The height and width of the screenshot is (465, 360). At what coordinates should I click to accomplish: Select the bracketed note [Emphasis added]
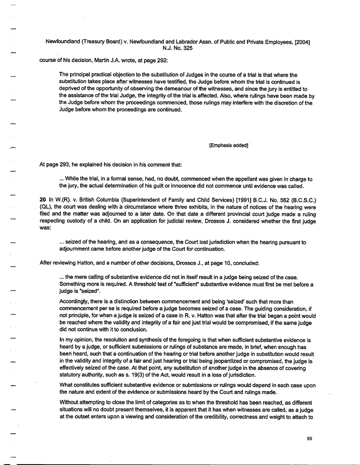[x=229, y=145]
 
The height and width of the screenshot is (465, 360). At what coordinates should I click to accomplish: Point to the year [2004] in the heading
[x=297, y=41]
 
